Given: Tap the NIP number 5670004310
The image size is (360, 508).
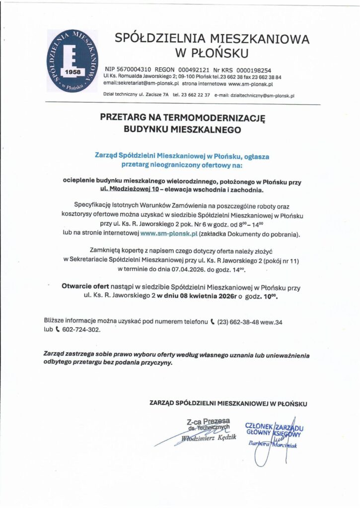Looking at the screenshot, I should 133,70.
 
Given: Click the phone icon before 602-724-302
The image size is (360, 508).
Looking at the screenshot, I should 58,330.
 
